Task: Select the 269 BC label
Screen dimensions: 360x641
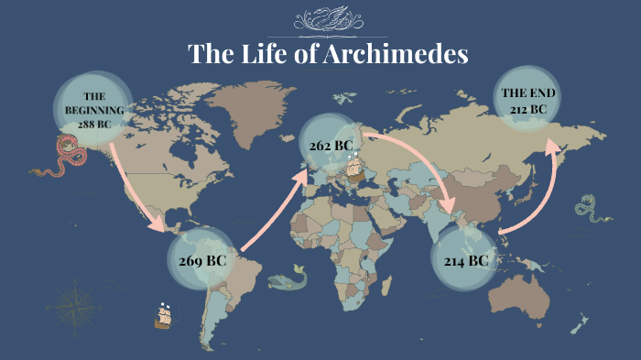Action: [x=202, y=260]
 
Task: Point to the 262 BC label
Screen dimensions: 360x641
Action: [x=331, y=146]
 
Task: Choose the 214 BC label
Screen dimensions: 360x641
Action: [x=466, y=261]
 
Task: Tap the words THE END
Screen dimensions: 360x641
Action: [x=528, y=93]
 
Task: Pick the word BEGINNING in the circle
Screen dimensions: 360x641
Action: [x=93, y=109]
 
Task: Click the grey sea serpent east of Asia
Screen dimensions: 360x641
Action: [x=586, y=209]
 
